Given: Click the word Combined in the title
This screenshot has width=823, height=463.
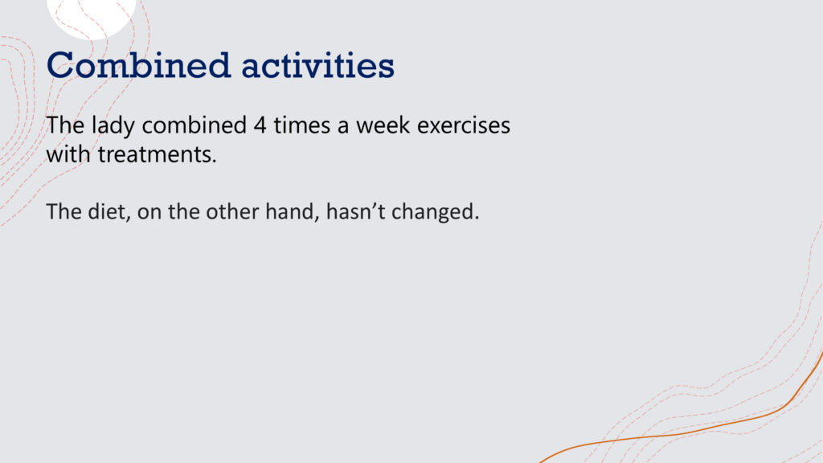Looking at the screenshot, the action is click(138, 66).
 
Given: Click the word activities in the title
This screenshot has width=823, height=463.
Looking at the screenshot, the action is click(317, 66).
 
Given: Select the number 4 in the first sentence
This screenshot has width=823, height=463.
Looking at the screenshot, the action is click(260, 125).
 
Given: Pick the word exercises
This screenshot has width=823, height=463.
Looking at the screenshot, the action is click(464, 125).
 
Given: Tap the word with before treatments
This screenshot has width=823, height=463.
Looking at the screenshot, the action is click(68, 154).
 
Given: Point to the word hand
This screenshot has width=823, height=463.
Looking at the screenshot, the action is click(293, 211).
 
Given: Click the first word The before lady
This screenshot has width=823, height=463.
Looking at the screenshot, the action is click(65, 125).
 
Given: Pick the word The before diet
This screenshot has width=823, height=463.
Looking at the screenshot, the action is click(63, 211).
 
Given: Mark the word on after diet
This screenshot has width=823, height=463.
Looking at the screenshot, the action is click(149, 212).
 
